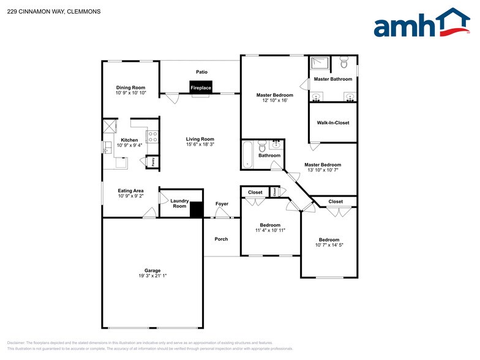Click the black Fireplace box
coord(201,88)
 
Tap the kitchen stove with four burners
coord(153,137)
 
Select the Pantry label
coord(153,162)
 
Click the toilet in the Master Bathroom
coord(344,62)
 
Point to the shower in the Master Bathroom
coord(320,64)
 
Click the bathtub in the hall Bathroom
coord(248,154)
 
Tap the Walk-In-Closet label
coord(333,122)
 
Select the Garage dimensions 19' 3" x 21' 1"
coord(152,276)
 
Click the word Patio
coord(201,72)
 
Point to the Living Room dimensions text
coord(200,145)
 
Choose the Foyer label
coord(222,203)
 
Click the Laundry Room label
coord(179,203)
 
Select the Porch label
coord(221,239)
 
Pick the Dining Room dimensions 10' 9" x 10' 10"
coord(130,93)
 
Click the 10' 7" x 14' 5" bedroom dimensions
coord(329,245)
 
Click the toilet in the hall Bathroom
coord(261,147)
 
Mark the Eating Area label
coord(130,190)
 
